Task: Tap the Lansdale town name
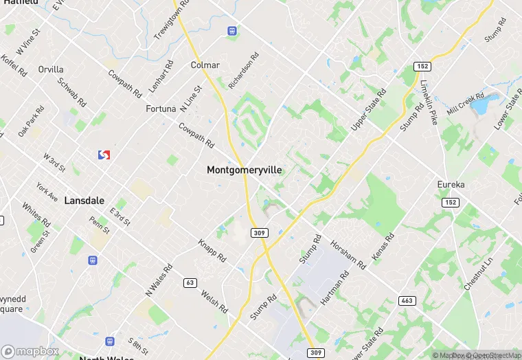click(84, 201)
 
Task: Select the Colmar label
click(205, 65)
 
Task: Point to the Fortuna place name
click(161, 109)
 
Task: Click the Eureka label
click(451, 185)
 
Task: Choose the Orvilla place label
click(51, 69)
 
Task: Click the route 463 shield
click(407, 301)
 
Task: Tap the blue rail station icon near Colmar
click(233, 31)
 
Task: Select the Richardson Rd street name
click(245, 71)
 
